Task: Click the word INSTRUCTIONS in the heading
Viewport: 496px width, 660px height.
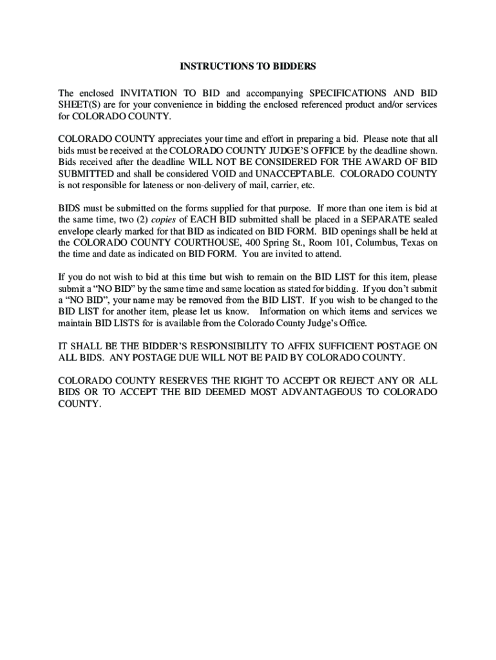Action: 209,66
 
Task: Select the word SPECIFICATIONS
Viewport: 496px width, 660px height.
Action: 347,93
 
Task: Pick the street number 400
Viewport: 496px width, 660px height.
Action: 243,244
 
